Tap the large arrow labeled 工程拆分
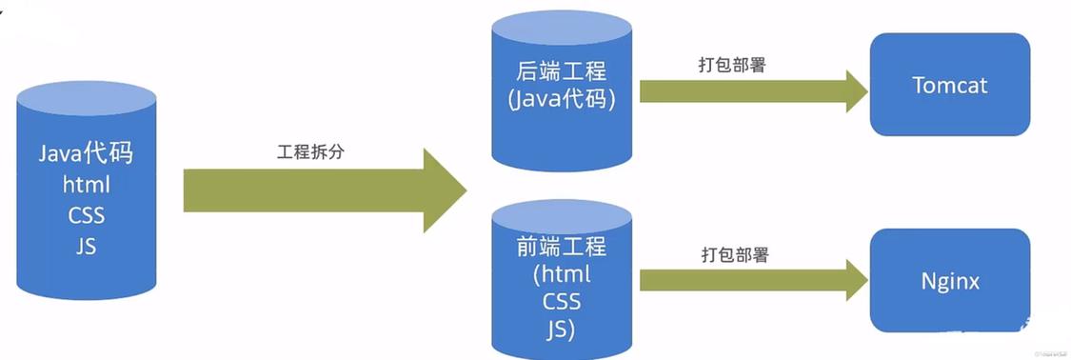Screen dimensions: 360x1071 324,190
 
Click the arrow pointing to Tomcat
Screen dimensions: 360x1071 752,90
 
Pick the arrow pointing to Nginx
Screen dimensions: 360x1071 752,279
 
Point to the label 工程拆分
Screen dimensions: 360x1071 307,151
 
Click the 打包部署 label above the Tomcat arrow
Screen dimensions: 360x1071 732,66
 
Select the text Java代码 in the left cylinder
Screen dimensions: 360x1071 87,155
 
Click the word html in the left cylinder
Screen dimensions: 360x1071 86,185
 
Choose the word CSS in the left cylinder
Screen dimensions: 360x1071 86,214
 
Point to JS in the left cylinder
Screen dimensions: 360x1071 86,245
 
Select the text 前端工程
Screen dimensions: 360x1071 561,248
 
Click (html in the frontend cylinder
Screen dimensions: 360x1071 561,275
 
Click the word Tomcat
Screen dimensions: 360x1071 949,85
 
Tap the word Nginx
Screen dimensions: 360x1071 949,281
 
